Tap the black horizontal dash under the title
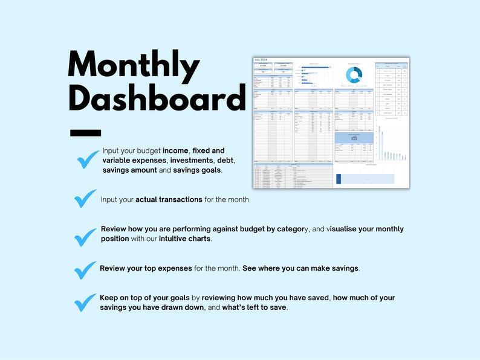[86, 132]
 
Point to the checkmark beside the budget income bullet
[88, 159]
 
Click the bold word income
[177, 150]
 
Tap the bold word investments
[189, 160]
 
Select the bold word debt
[225, 160]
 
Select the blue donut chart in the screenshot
[354, 75]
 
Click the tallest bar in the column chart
[381, 144]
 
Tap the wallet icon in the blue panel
[354, 138]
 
